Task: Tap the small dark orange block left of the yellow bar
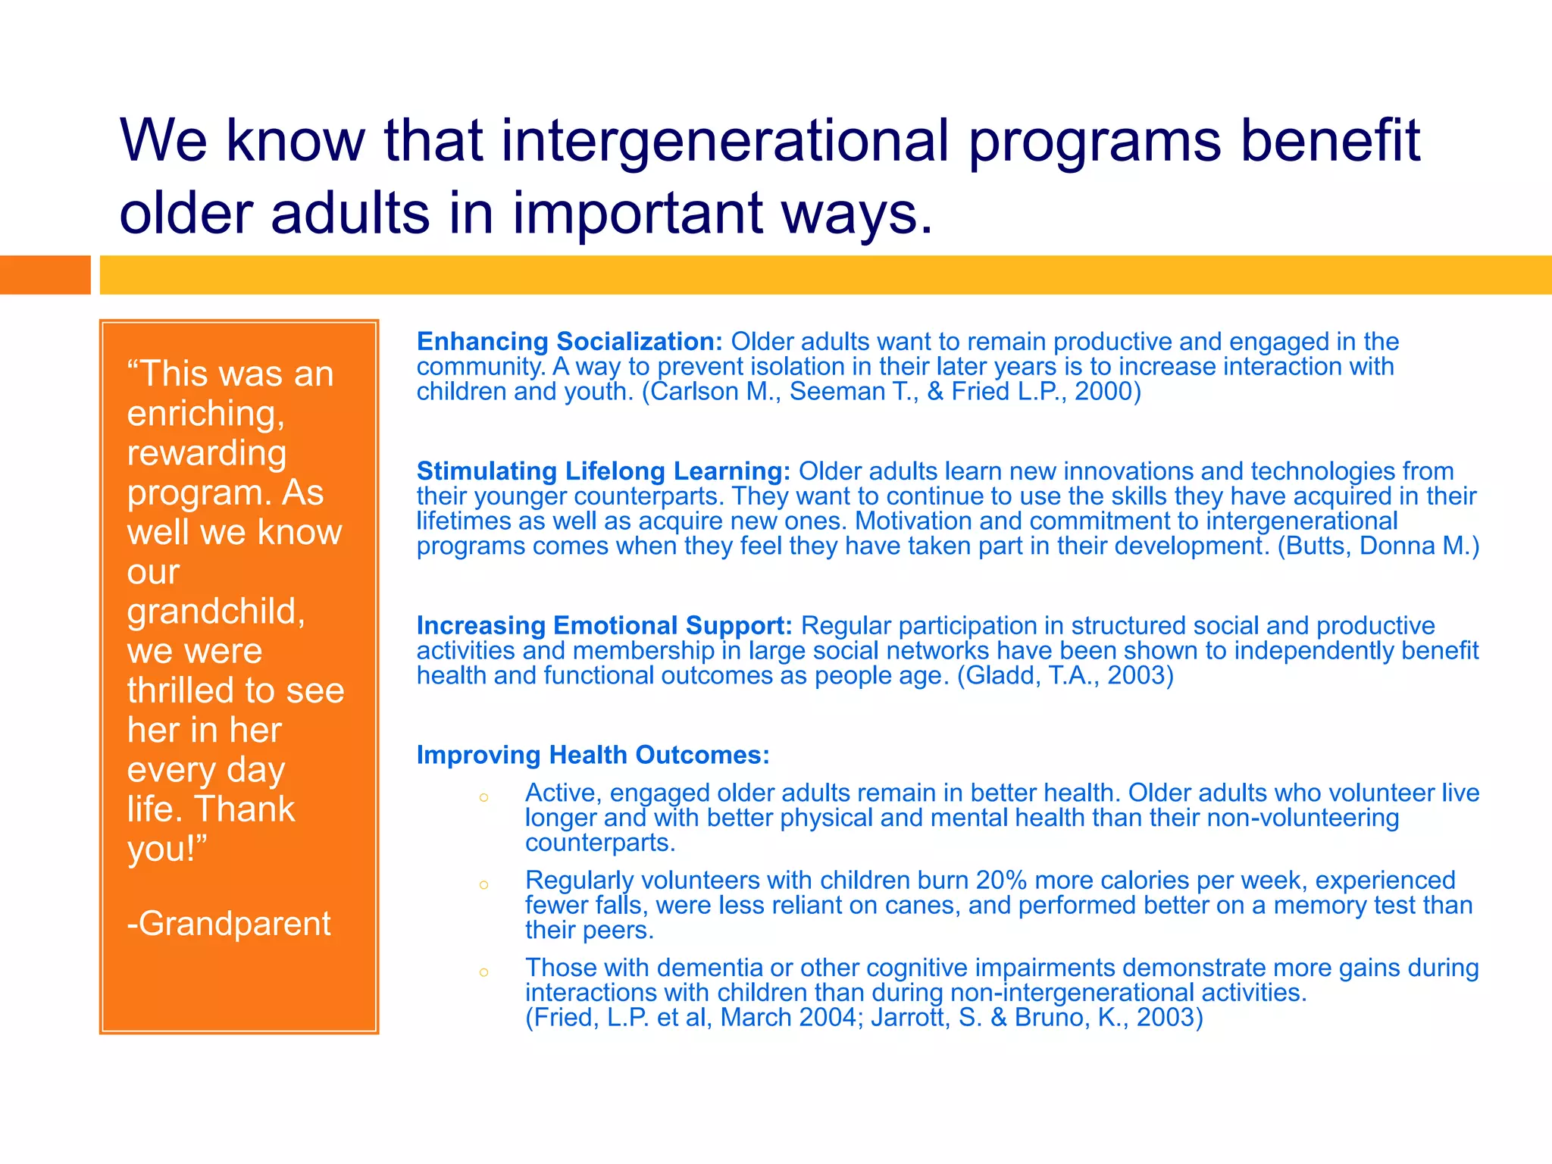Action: click(x=45, y=274)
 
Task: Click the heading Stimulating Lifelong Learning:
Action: click(x=603, y=471)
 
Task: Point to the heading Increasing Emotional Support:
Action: click(x=604, y=626)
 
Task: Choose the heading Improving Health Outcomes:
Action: click(x=593, y=755)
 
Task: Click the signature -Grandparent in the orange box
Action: click(x=229, y=924)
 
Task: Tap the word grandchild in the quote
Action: click(x=216, y=612)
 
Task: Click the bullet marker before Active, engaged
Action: click(x=483, y=797)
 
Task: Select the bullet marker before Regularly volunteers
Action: click(x=483, y=884)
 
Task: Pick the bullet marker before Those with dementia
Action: click(x=483, y=972)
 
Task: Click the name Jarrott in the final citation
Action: click(x=910, y=1018)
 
